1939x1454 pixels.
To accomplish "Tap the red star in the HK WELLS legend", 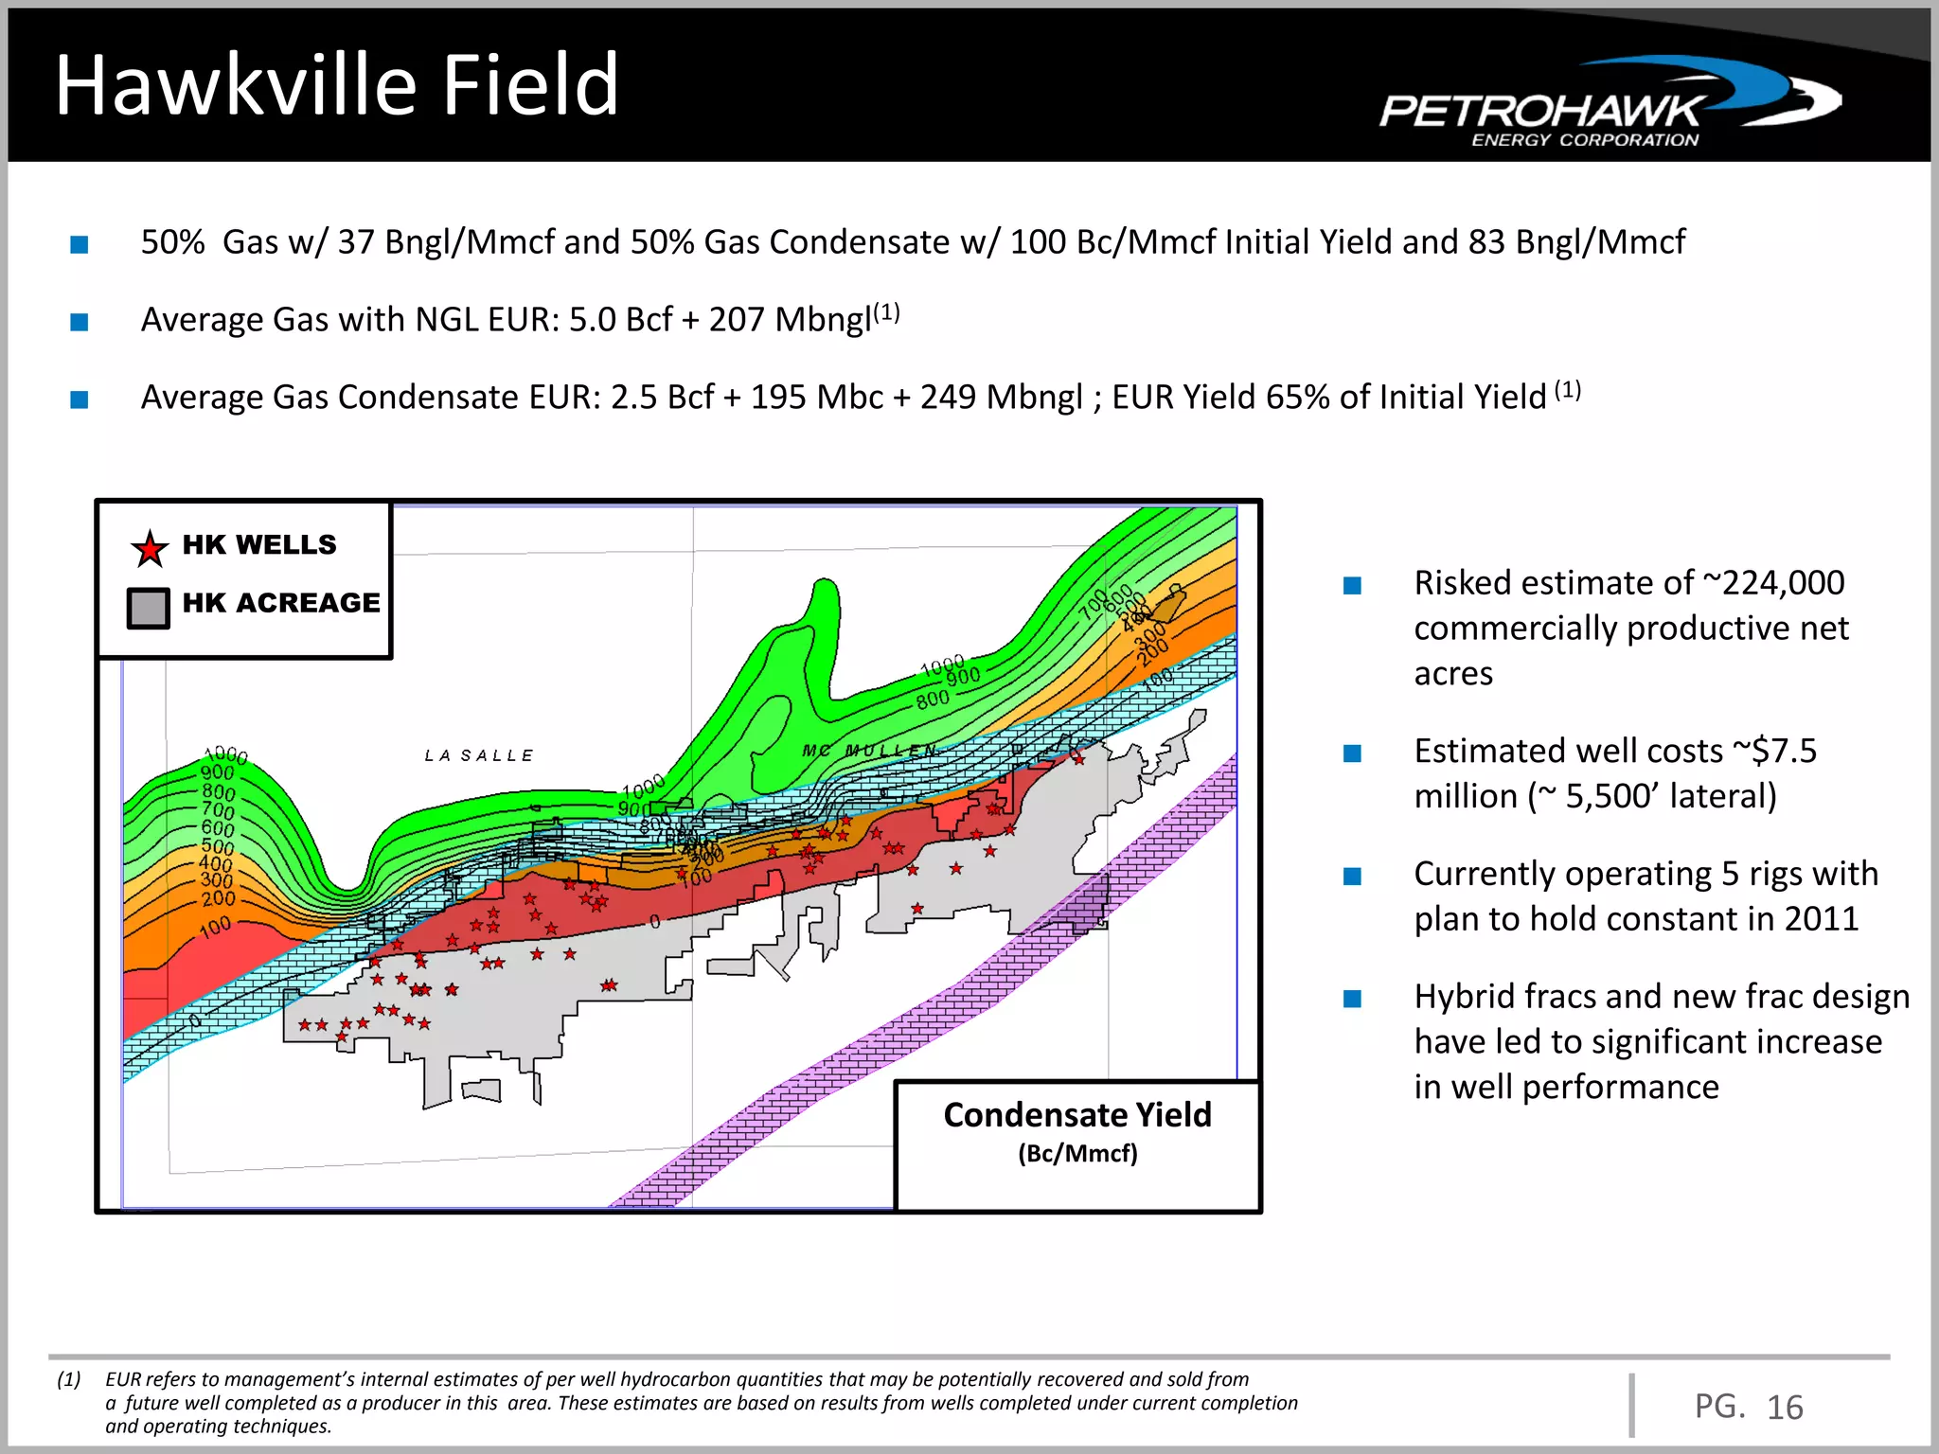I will (150, 548).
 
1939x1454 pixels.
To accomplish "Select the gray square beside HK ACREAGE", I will (149, 607).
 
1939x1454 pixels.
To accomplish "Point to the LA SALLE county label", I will (479, 755).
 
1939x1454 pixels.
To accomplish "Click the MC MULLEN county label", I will (869, 751).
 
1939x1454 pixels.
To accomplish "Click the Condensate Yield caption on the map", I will (1076, 1115).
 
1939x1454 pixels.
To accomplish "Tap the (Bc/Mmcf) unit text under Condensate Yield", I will (1076, 1154).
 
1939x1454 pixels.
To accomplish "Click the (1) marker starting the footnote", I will (68, 1379).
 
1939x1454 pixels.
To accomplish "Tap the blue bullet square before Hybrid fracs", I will (1352, 999).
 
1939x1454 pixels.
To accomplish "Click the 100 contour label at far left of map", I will (215, 928).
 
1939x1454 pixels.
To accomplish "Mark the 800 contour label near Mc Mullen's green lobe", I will (932, 700).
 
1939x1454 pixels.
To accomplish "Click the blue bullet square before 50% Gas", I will (80, 245).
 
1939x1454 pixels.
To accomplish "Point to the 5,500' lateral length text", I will (1614, 797).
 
